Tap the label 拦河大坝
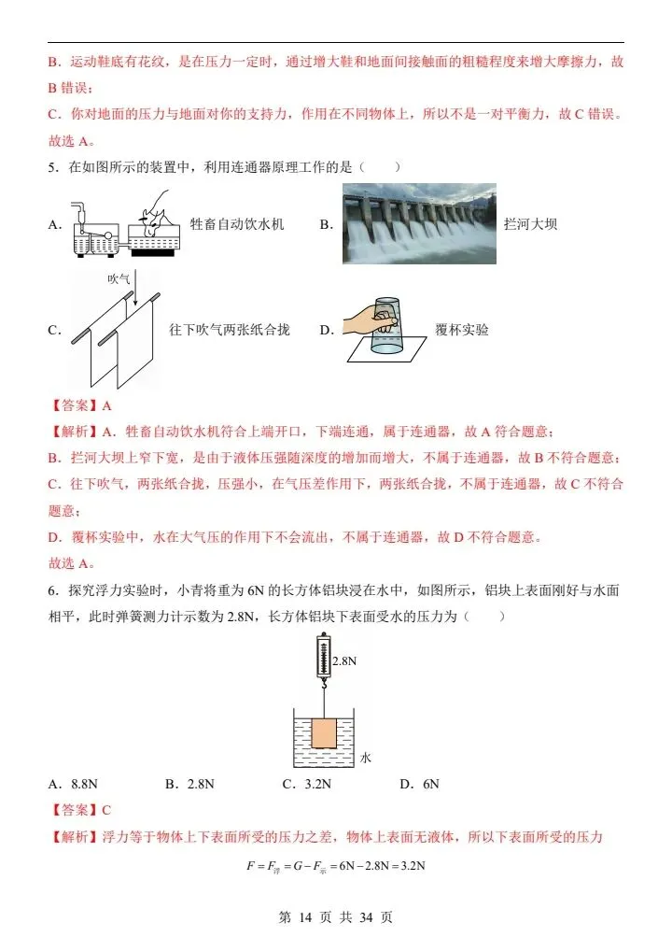(x=530, y=224)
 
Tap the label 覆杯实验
(x=461, y=330)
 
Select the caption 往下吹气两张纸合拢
(x=230, y=330)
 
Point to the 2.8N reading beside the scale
(x=345, y=660)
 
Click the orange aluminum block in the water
(x=323, y=731)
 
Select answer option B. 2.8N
(x=189, y=784)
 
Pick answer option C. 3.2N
(x=307, y=784)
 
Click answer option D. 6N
(x=419, y=784)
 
